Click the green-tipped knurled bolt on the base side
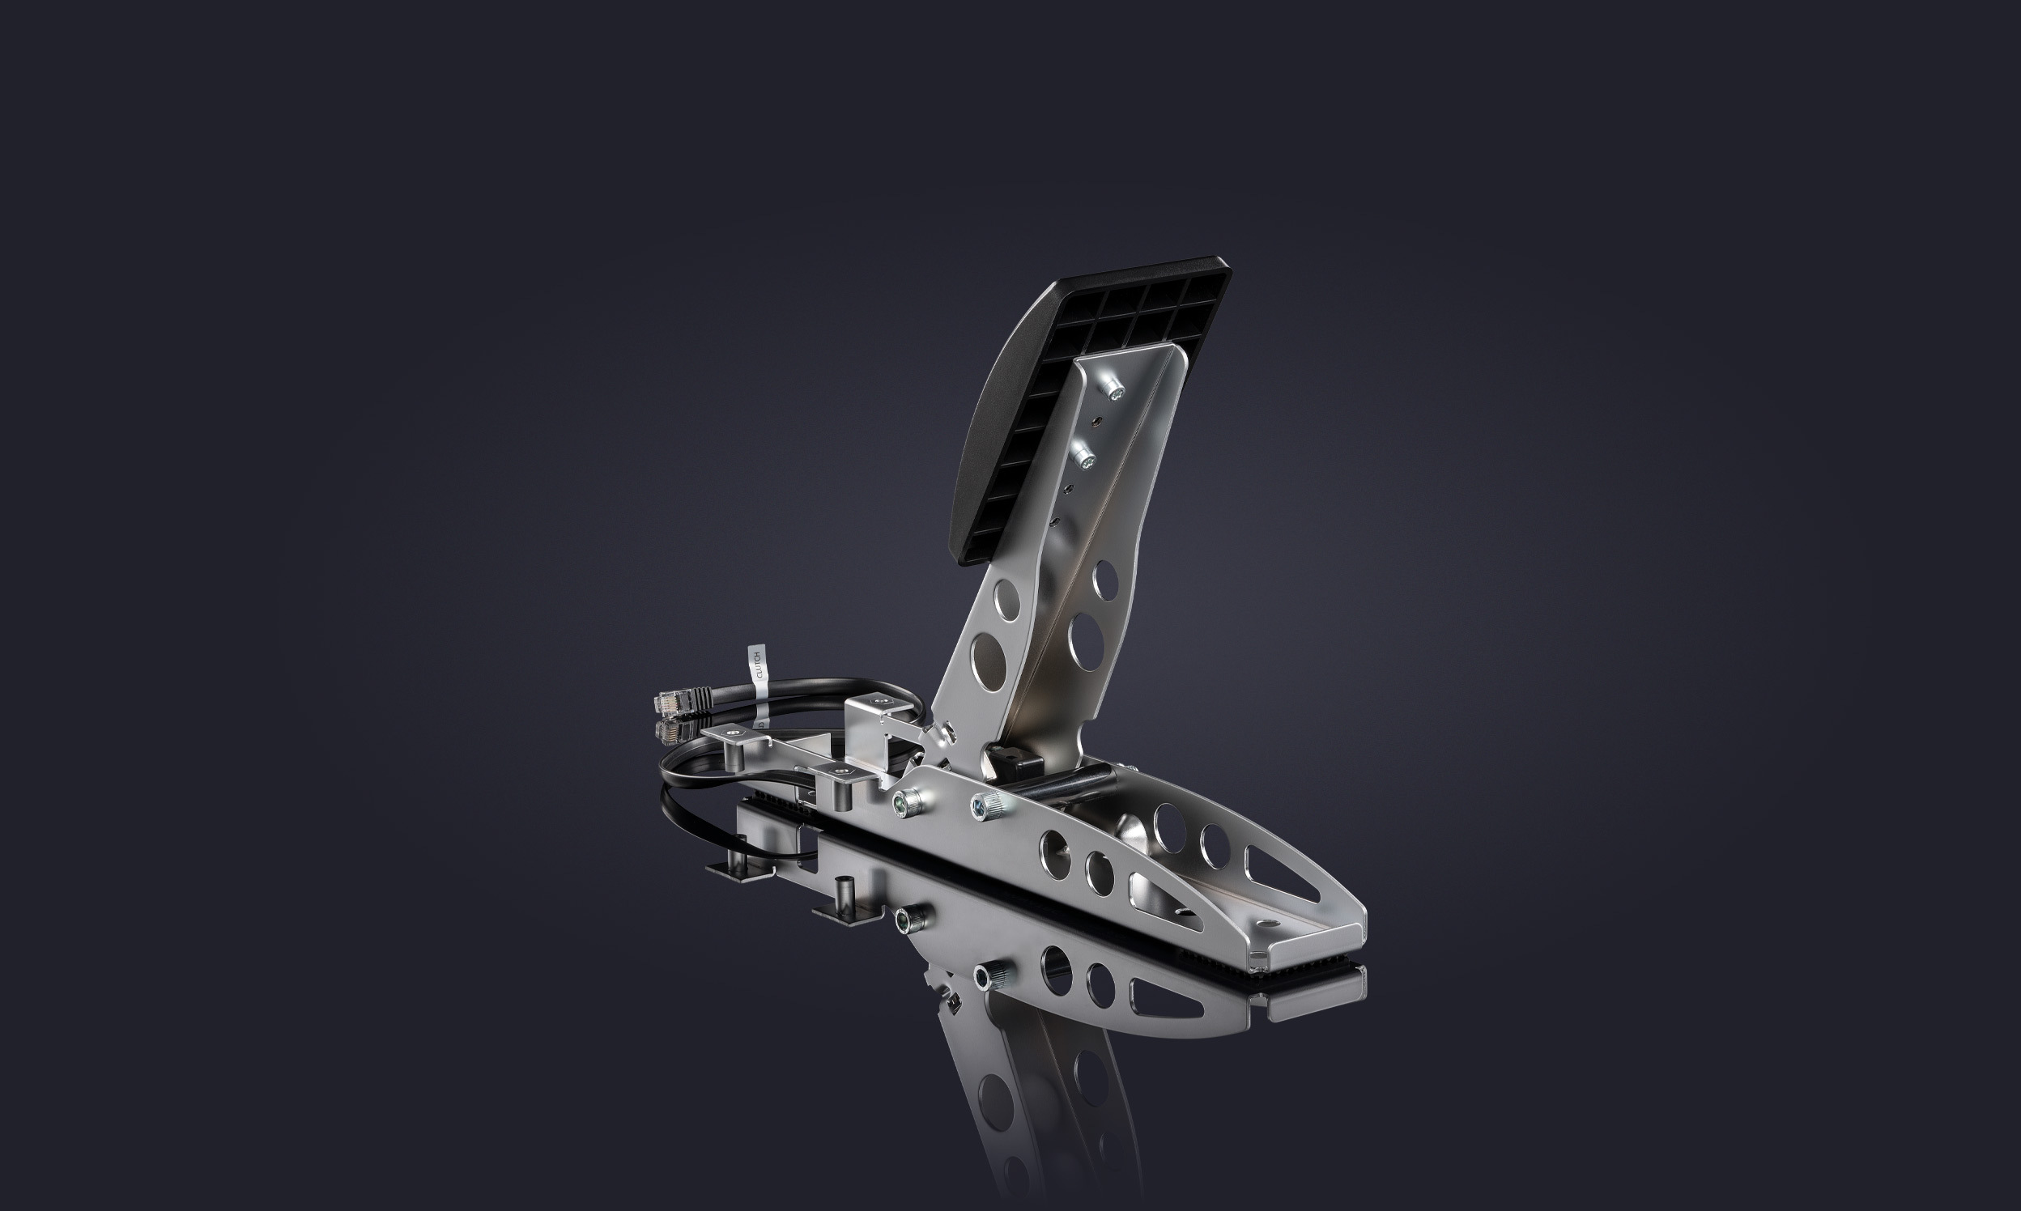tap(904, 804)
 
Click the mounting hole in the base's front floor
tap(1267, 923)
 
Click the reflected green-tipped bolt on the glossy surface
tap(905, 921)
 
